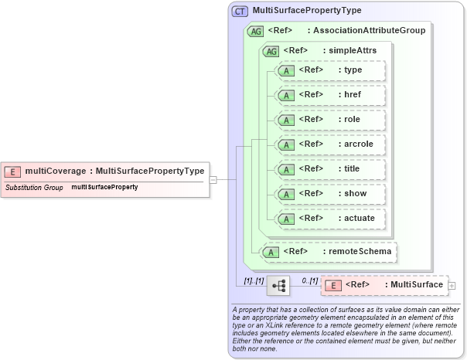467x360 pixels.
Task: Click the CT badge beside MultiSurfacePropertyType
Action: [x=240, y=11]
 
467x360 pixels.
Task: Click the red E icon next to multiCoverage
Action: [x=13, y=171]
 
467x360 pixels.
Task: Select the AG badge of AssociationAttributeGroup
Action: [x=254, y=31]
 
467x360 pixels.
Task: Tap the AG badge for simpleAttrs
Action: [x=271, y=51]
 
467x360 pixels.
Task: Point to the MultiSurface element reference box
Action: [x=383, y=285]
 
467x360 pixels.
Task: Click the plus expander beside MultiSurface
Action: [x=452, y=286]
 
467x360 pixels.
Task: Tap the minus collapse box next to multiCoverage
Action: [x=213, y=180]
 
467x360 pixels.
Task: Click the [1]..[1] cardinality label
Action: [x=253, y=280]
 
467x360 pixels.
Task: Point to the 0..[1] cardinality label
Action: [x=309, y=280]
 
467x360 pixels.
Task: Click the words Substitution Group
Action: [x=34, y=188]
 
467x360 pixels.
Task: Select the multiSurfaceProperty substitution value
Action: [x=104, y=188]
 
